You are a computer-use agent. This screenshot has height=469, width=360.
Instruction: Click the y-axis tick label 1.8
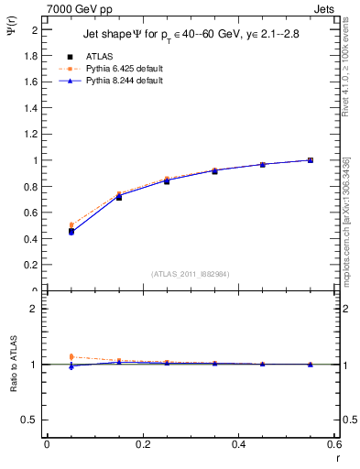29,55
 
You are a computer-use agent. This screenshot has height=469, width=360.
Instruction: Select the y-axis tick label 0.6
29,213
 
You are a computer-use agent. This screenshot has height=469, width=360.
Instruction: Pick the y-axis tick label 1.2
29,134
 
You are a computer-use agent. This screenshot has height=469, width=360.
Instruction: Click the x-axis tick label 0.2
142,444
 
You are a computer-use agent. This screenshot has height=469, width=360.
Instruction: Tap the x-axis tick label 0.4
238,444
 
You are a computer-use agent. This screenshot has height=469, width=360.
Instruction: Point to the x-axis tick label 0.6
333,444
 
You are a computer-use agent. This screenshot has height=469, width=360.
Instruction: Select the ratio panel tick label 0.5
29,420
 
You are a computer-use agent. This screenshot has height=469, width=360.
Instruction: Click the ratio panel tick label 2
34,309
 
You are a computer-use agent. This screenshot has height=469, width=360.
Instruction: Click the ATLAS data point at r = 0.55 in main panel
311,160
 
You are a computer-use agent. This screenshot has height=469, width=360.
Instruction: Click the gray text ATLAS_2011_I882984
190,274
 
